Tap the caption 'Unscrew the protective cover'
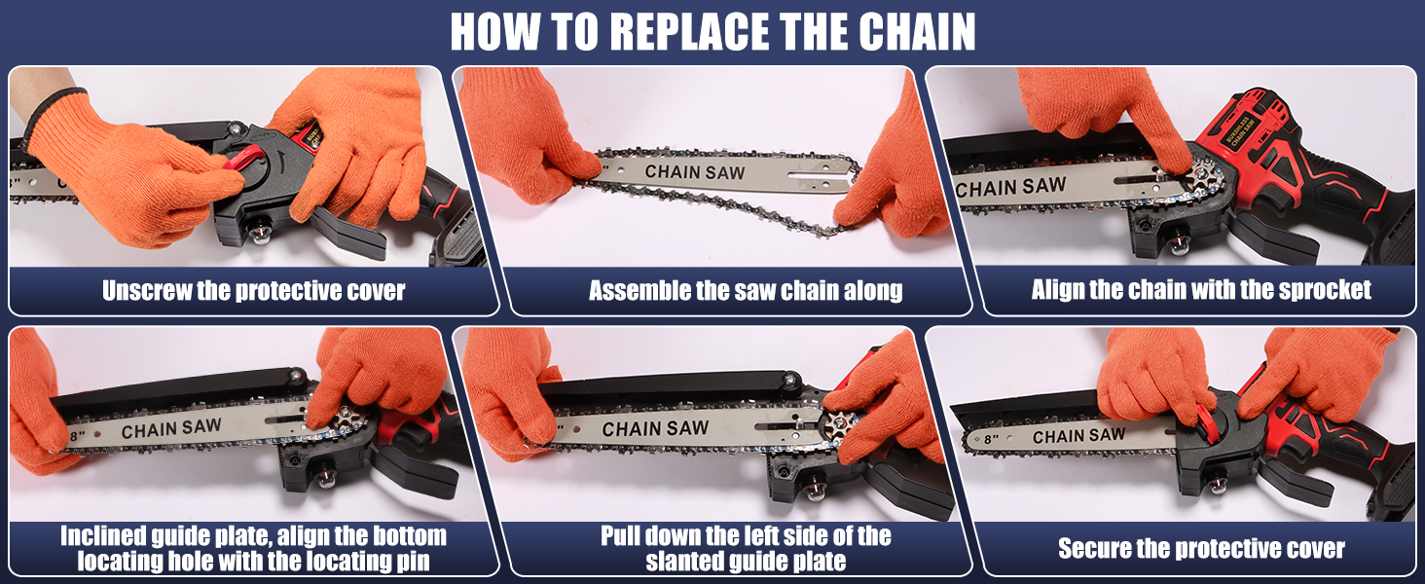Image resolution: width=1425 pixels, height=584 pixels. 253,291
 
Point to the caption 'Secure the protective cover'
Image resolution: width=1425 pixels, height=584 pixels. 1201,549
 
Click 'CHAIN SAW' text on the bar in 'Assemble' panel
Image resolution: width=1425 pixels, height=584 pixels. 695,173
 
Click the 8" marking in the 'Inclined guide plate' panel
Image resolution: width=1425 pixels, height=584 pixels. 78,432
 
